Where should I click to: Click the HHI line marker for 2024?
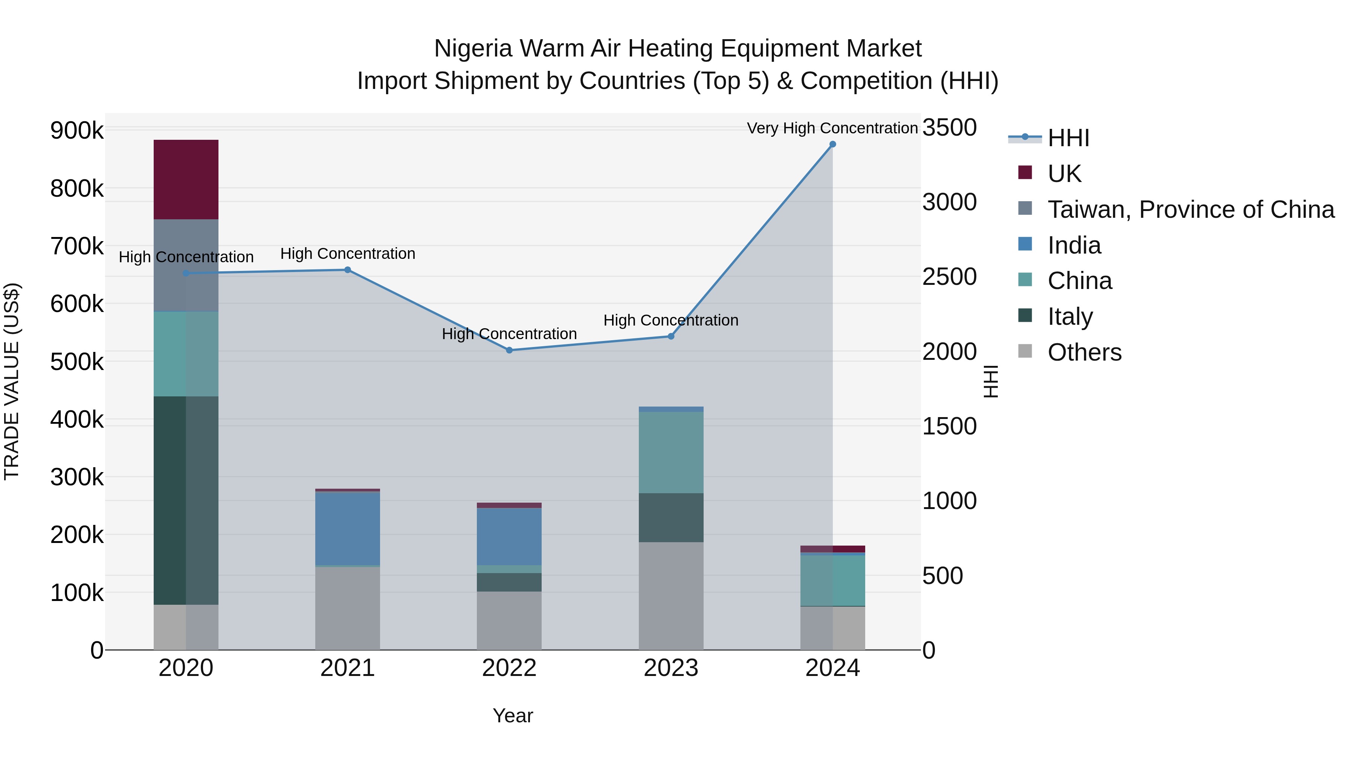click(832, 144)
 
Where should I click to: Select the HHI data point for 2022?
click(509, 350)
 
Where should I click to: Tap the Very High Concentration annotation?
click(832, 128)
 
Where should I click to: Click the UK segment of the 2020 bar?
click(186, 180)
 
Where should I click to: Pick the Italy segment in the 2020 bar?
click(186, 500)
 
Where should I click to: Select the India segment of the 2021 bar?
click(347, 529)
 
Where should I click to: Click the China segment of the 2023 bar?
click(670, 452)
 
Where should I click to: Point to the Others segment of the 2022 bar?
click(509, 620)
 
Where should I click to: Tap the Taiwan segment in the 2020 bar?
click(186, 265)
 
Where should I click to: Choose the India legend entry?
click(1074, 245)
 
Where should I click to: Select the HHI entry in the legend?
click(1068, 138)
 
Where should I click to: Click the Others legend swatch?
click(1025, 351)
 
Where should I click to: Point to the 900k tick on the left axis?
click(77, 130)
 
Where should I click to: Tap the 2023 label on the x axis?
click(670, 668)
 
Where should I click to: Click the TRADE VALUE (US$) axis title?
click(12, 381)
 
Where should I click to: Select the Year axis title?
click(513, 716)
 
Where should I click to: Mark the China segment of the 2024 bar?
click(832, 580)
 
